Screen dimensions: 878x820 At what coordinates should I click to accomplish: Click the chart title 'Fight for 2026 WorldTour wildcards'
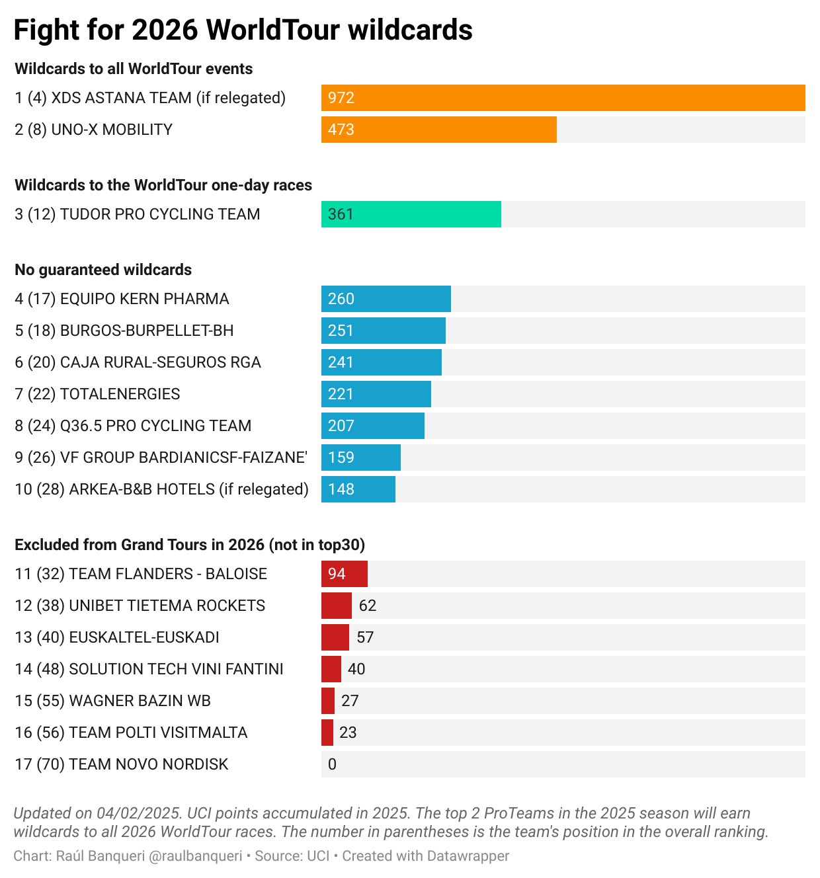(243, 30)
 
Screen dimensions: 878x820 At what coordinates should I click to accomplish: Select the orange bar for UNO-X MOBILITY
(438, 130)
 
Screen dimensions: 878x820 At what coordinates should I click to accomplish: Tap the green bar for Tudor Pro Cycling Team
(411, 214)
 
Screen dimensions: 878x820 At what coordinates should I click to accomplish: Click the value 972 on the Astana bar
(341, 98)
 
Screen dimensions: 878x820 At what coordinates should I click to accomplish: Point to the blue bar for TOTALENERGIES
(376, 394)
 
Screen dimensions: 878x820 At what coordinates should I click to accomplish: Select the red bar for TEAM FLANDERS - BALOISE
(344, 574)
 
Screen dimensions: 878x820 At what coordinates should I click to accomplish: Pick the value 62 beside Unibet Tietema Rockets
(367, 606)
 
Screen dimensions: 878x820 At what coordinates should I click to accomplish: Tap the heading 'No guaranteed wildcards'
(103, 270)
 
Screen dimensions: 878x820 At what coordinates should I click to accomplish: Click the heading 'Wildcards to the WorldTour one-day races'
(163, 185)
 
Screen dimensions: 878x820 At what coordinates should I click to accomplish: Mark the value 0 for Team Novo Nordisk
(332, 764)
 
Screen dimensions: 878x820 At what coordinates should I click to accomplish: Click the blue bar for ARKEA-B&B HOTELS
(358, 489)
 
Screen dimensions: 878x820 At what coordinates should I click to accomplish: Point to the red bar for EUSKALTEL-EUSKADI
(335, 637)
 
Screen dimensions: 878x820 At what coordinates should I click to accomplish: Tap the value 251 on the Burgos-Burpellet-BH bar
(341, 331)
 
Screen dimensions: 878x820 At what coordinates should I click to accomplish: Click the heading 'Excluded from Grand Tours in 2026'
(190, 545)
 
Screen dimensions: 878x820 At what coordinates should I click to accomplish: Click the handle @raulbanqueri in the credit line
(196, 856)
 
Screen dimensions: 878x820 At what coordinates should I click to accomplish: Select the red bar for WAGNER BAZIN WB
(328, 701)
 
